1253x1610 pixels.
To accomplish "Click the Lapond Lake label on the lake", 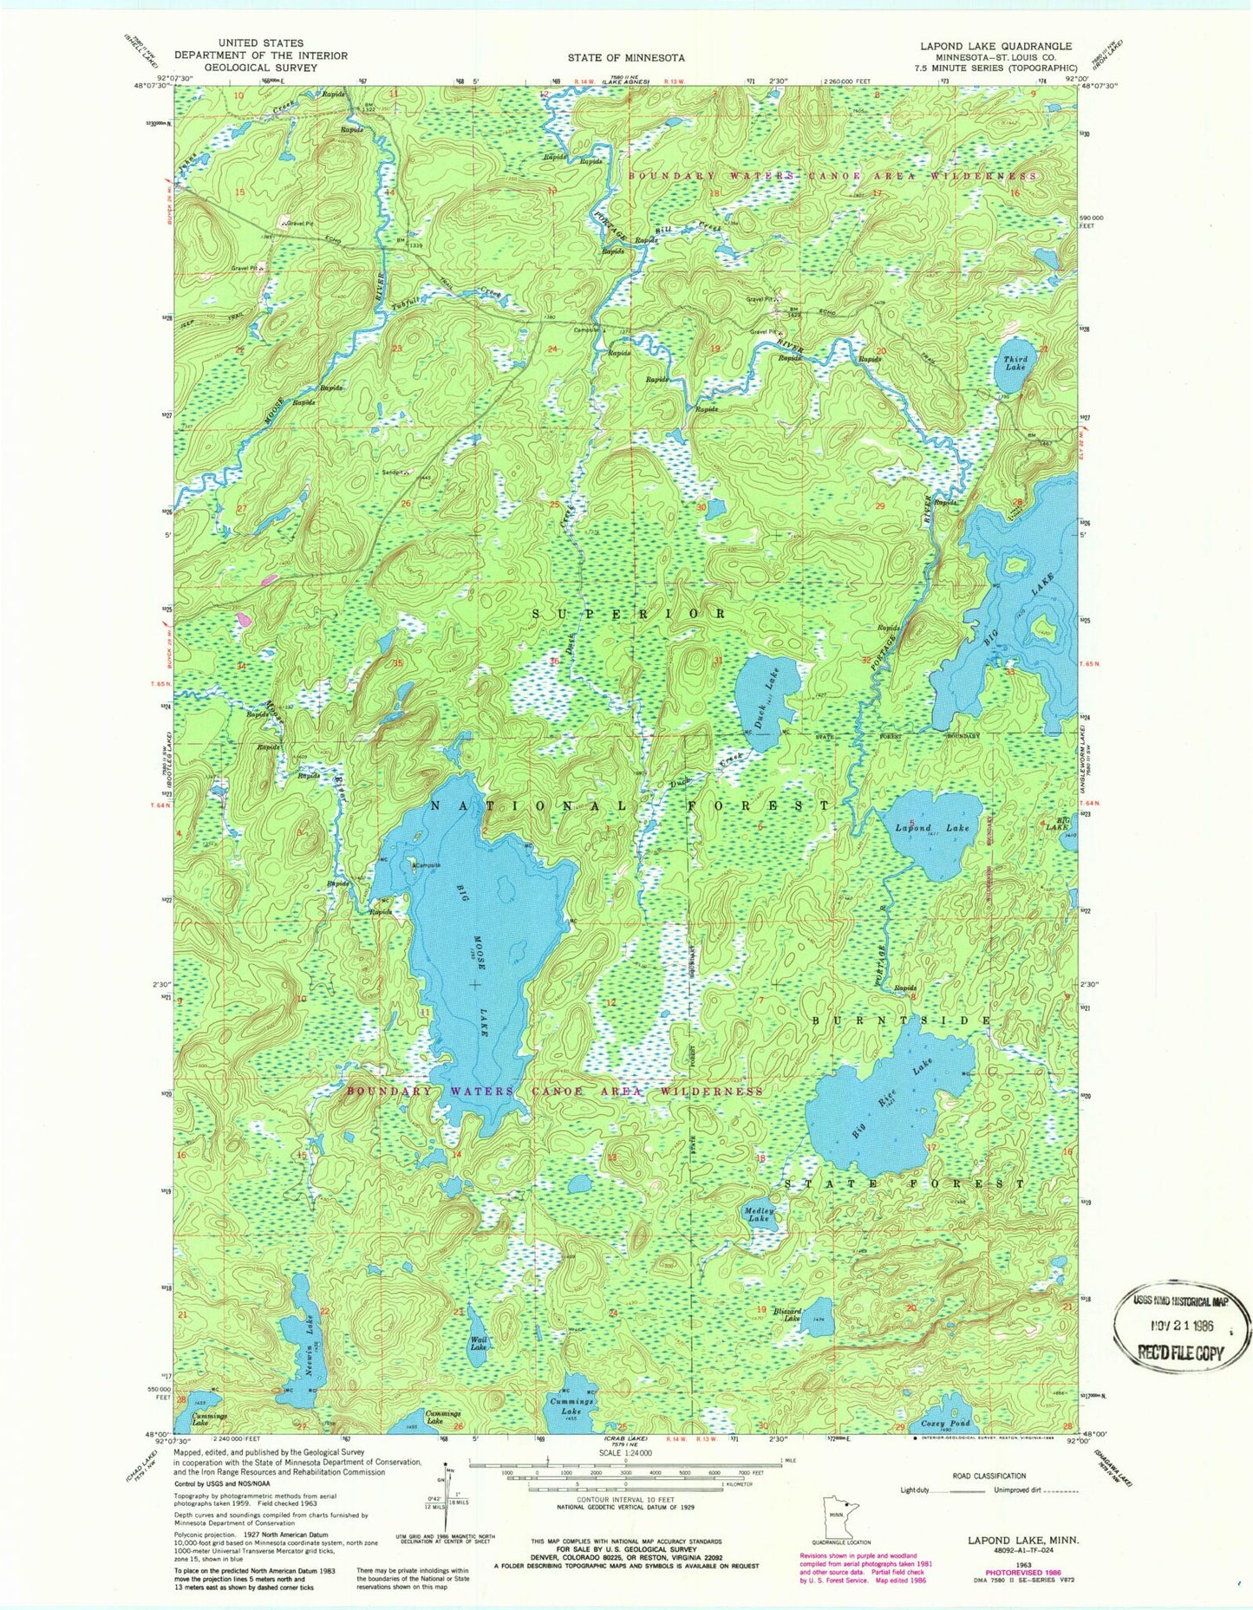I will [x=932, y=828].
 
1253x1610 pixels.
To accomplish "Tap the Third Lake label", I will [x=1015, y=363].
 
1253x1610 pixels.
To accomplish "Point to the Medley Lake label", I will [x=758, y=1214].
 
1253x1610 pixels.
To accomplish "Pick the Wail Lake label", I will [x=478, y=1344].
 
